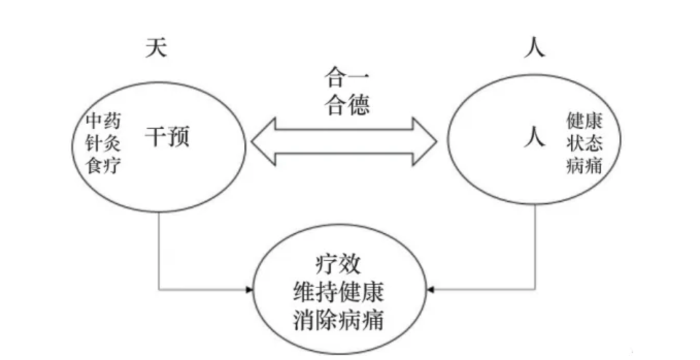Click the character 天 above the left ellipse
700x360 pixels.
point(155,49)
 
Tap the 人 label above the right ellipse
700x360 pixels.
point(533,49)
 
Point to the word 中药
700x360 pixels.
point(103,121)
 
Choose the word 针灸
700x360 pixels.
point(103,143)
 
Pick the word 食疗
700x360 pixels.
point(103,164)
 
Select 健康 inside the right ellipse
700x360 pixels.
point(584,121)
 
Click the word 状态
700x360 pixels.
point(584,143)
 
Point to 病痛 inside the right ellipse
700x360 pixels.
point(584,164)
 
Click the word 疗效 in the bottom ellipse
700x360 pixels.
point(338,264)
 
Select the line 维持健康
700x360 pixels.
point(338,292)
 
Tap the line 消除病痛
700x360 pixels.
point(338,319)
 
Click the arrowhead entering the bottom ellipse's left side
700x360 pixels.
point(250,290)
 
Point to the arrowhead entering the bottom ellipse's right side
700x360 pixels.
point(430,290)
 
